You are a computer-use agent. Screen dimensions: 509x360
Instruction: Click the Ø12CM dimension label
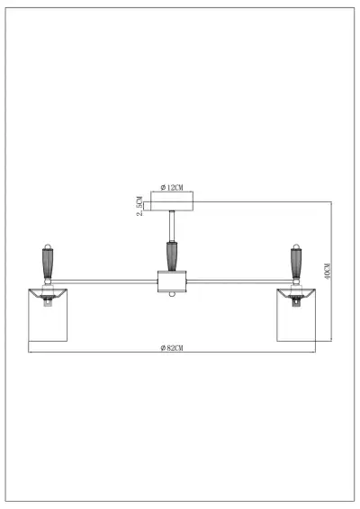(x=172, y=187)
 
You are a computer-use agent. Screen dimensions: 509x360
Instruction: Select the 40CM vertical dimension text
(x=328, y=271)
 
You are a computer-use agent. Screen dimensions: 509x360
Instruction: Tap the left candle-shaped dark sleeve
(x=48, y=264)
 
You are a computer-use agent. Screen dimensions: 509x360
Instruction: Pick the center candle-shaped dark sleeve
(x=171, y=256)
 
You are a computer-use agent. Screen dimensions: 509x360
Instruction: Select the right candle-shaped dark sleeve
(x=293, y=264)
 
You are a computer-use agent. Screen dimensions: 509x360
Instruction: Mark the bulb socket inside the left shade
(x=48, y=301)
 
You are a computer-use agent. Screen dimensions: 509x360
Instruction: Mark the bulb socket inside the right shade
(x=294, y=301)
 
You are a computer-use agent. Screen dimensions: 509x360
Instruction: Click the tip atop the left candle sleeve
(x=48, y=246)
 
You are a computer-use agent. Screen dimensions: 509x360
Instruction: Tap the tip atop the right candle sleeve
(x=293, y=246)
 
